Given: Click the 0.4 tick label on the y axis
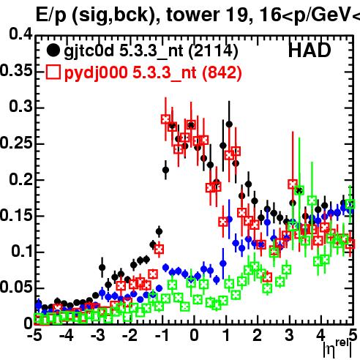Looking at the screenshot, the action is click(x=20, y=34).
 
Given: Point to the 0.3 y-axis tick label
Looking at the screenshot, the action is click(x=20, y=106).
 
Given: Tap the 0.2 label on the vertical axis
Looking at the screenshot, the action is click(x=20, y=179).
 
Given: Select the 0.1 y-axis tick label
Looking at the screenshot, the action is click(x=22, y=251).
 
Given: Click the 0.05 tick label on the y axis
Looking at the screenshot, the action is click(x=16, y=288).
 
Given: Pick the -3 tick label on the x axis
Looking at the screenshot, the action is click(x=97, y=335).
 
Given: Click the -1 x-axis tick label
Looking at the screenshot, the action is click(x=161, y=335).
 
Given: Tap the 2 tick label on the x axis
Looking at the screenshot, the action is click(x=258, y=335).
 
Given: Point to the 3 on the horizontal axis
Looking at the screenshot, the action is click(x=289, y=335).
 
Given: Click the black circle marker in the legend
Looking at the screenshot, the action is click(x=53, y=50).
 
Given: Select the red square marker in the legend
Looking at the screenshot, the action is click(x=53, y=72).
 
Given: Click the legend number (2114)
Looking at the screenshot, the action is click(x=213, y=51).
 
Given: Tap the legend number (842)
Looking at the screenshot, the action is click(x=222, y=73).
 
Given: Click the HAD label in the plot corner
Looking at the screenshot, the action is click(x=310, y=50).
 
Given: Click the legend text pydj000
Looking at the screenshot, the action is click(x=96, y=73).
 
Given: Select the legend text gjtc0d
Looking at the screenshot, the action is click(x=89, y=52).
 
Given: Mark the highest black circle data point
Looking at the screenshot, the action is click(x=229, y=124).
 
